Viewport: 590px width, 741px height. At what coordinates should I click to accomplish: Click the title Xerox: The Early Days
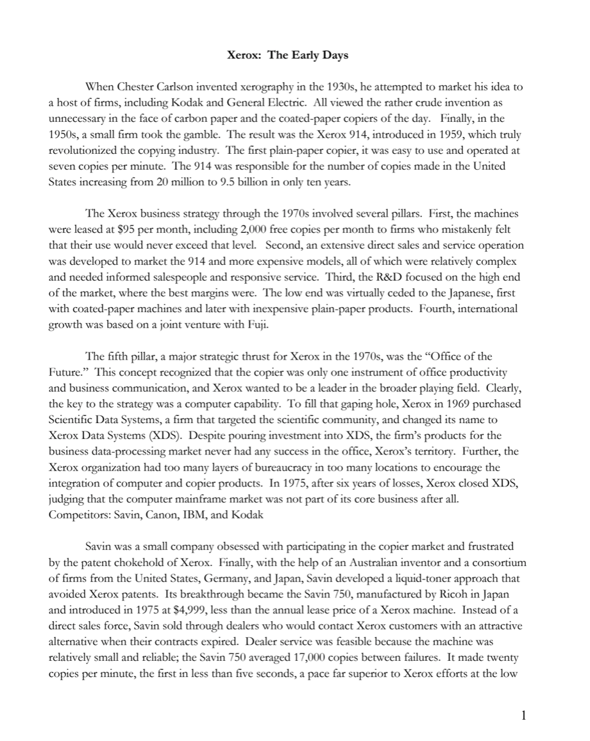tap(288, 55)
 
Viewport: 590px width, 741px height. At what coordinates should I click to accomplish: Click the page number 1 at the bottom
tap(523, 716)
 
